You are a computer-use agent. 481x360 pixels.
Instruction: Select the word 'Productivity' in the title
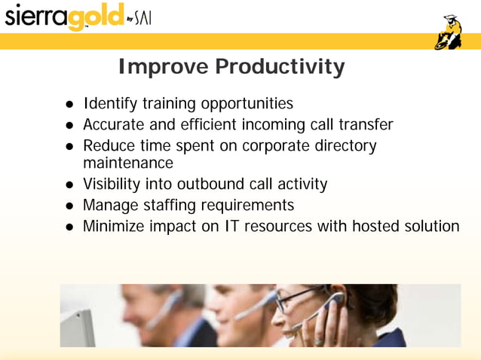(280, 67)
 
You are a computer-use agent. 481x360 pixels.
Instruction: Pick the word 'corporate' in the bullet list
(275, 145)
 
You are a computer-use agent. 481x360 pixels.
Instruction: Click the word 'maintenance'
(128, 163)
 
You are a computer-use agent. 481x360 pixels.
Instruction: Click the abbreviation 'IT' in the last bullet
(230, 225)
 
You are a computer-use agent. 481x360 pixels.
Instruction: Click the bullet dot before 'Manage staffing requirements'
(69, 206)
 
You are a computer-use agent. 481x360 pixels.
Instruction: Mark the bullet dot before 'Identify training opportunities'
(69, 104)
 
